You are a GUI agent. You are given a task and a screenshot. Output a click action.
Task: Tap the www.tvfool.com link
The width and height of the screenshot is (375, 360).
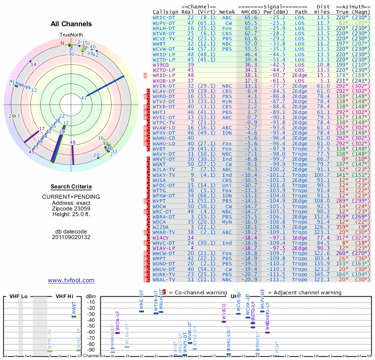coord(71,280)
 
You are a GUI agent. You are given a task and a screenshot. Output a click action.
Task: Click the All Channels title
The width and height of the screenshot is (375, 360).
coord(71,24)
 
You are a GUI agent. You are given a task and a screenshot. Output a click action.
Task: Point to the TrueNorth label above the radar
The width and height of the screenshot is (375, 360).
coord(71,35)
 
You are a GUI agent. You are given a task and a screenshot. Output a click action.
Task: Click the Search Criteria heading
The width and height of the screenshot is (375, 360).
coord(71,187)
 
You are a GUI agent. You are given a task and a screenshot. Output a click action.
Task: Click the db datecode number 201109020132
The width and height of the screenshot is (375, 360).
coord(71,237)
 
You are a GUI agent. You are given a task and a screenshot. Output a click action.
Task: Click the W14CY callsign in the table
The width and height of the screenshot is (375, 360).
coord(162,238)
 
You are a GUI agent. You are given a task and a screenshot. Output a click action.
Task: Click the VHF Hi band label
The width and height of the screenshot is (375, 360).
coord(65,297)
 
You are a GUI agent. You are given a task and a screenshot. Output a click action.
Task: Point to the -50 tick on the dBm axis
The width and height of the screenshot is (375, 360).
coord(91,326)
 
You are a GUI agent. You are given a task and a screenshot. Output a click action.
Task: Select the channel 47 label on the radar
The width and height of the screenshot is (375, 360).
coord(84,98)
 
